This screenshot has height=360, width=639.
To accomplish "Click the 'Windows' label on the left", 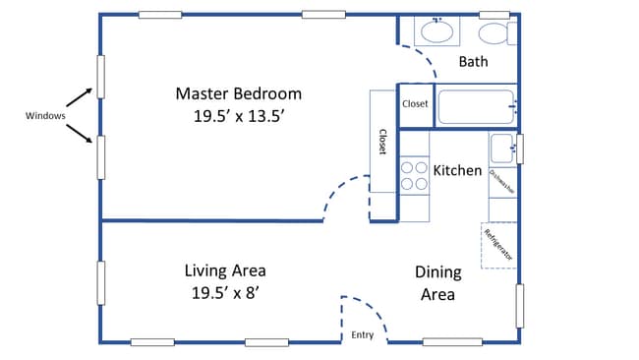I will pyautogui.click(x=45, y=116).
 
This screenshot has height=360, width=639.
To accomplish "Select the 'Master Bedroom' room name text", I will pyautogui.click(x=238, y=94).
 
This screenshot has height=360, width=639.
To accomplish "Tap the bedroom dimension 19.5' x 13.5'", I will pyautogui.click(x=238, y=115).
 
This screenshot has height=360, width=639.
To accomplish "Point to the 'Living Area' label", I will pyautogui.click(x=225, y=270).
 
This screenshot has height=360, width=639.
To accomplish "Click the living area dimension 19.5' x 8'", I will pyautogui.click(x=225, y=292).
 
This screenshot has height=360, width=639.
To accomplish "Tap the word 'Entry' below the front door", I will pyautogui.click(x=363, y=335).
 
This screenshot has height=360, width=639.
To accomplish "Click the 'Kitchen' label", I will pyautogui.click(x=458, y=170).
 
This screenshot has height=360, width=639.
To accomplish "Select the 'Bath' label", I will pyautogui.click(x=473, y=62).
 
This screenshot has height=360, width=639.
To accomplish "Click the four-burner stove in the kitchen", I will pyautogui.click(x=414, y=175).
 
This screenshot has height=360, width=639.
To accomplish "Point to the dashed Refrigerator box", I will pyautogui.click(x=498, y=246).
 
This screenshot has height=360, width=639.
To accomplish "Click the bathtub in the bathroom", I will pyautogui.click(x=476, y=106).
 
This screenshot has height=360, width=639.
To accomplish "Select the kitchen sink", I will pyautogui.click(x=502, y=149).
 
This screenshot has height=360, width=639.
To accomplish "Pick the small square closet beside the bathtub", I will pyautogui.click(x=414, y=103).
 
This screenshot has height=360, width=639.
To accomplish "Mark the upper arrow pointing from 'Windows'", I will pyautogui.click(x=83, y=96).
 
